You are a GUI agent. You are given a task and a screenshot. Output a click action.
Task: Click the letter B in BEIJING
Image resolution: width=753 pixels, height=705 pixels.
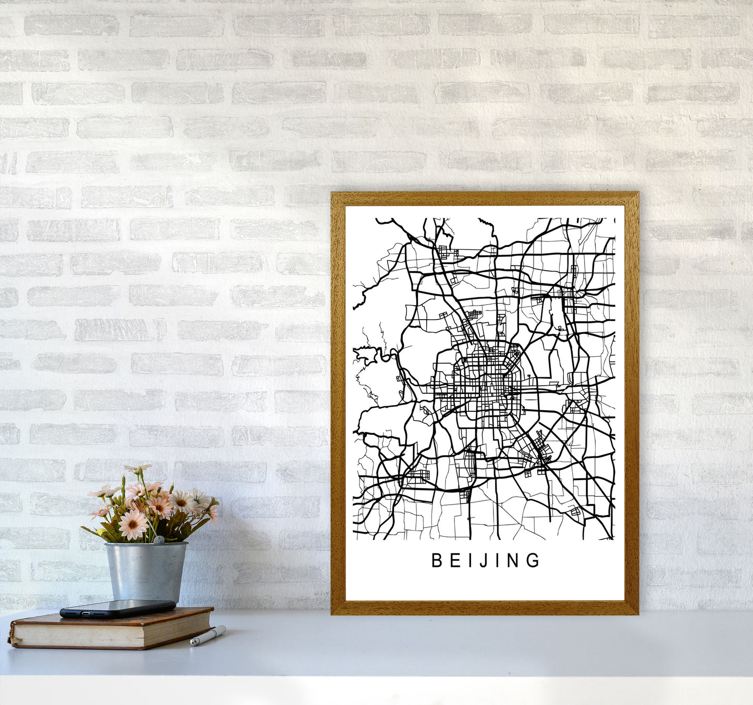437,560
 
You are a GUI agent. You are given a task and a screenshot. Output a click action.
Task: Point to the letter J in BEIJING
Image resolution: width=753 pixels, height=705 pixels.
482,561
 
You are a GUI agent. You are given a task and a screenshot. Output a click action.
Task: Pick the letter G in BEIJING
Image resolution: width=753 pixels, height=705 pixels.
534,560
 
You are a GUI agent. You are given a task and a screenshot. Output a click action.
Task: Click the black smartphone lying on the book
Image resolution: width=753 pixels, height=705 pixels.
117,609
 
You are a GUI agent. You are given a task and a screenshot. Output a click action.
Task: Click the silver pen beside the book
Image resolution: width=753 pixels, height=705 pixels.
208,636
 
